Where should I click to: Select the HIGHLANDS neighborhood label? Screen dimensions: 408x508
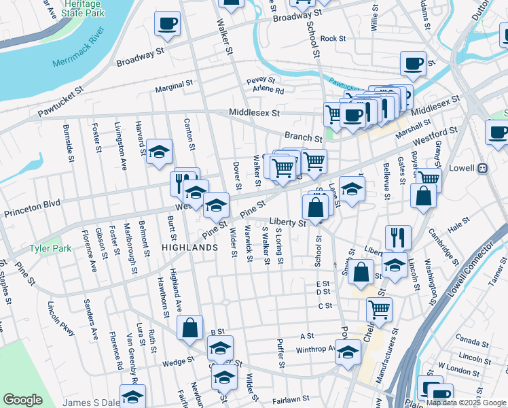point(189,248)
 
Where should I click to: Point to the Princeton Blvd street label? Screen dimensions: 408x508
point(32,203)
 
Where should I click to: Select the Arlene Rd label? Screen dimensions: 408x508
point(270,90)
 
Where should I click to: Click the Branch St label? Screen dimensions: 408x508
point(302,137)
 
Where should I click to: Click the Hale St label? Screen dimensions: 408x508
point(458,222)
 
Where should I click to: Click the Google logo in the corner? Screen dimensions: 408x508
point(22,400)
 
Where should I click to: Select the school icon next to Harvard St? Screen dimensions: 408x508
point(159,152)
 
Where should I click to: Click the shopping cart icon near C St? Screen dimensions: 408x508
point(379,309)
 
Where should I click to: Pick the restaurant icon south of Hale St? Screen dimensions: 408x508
point(397,237)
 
